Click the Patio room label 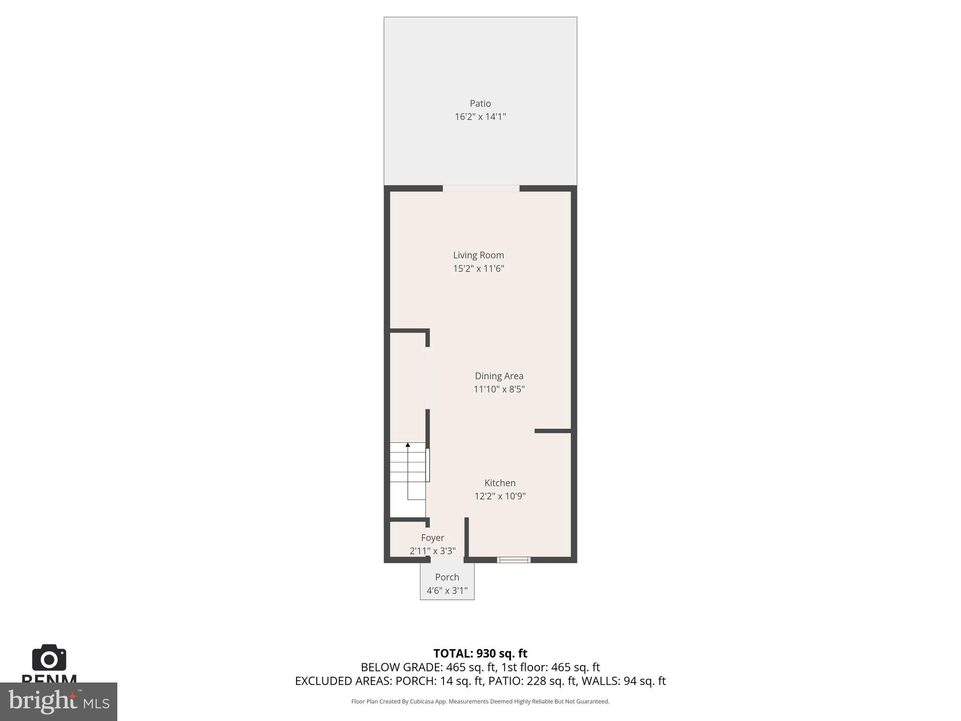[480, 103]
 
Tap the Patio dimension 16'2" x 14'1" [480, 116]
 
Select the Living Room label [478, 255]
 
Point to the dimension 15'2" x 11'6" [478, 268]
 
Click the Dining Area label [499, 376]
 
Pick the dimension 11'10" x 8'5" [499, 389]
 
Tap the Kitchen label [500, 483]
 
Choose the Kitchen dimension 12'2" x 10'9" [500, 496]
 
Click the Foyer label [432, 537]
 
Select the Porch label [447, 577]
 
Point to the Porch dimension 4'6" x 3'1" [447, 591]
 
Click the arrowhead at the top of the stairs [408, 445]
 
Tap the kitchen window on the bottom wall [513, 560]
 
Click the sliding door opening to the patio [481, 189]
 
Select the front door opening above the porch [447, 560]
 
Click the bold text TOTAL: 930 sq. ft [480, 653]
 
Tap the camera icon [49, 658]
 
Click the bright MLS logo [58, 701]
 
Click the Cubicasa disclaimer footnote [480, 701]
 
